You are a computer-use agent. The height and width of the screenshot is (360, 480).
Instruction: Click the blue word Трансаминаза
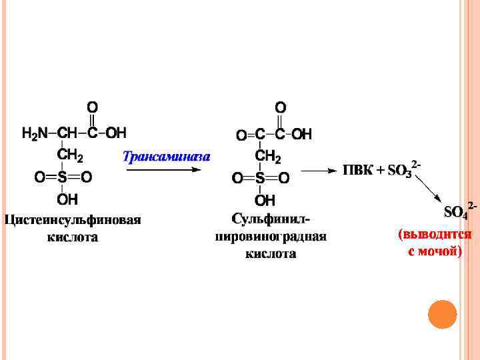pos(167,157)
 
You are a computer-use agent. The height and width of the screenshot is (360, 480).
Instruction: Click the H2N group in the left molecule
pos(35,133)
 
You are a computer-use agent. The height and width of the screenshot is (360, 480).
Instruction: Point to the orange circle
pos(441,314)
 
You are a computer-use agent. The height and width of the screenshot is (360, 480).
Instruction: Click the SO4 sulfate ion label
pos(457,212)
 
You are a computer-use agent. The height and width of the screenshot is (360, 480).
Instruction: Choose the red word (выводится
pos(435,235)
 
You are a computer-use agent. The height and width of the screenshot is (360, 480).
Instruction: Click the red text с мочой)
pos(435,252)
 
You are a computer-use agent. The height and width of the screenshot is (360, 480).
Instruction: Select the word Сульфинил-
pos(271,219)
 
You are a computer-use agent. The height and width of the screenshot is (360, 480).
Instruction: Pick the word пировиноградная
pos(271,237)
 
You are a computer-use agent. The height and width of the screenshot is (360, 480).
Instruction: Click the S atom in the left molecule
pos(63,177)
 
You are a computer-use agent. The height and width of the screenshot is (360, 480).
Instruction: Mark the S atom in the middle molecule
pos(260,178)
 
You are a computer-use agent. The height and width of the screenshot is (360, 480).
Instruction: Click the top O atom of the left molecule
pos(92,107)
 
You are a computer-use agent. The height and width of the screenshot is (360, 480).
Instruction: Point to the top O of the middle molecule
pos(281,107)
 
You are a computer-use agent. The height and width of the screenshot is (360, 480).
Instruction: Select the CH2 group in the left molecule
pos(69,155)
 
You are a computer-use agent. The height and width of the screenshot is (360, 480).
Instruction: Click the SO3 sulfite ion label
pos(401,171)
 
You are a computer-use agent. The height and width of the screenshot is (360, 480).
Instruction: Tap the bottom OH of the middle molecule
pos(265,200)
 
